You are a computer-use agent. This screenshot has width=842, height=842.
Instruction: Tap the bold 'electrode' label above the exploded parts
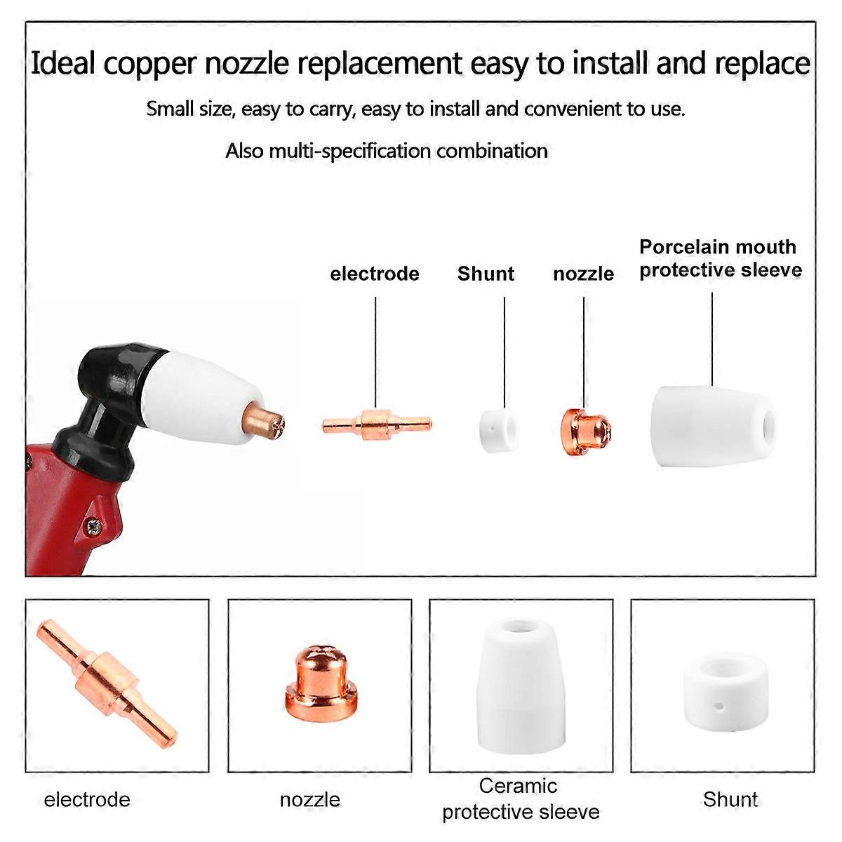click(375, 274)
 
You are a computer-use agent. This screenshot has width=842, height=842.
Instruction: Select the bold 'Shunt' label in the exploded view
click(486, 274)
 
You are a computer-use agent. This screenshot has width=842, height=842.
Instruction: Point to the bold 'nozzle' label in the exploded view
click(583, 274)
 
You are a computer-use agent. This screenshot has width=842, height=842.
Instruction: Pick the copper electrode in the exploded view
click(377, 423)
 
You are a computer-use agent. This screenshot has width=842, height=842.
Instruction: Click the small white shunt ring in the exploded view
click(498, 430)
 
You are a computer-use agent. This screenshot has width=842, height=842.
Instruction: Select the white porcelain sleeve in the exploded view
click(712, 427)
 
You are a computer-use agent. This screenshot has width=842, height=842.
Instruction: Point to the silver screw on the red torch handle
click(93, 526)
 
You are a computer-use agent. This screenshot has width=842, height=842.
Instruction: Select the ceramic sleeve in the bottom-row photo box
click(522, 688)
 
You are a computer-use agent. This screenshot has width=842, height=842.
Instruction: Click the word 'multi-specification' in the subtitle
click(349, 151)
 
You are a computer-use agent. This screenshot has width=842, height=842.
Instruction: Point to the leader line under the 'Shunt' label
click(504, 352)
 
